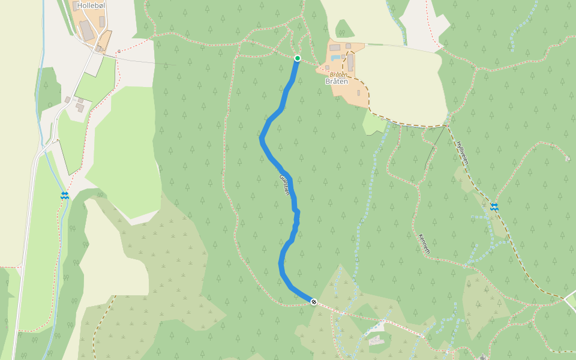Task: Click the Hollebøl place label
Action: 92,5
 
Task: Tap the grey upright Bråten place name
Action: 336,82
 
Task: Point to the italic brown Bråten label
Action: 338,75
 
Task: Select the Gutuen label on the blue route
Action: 285,184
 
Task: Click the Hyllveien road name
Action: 461,153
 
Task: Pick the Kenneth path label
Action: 424,243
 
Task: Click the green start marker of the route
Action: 297,58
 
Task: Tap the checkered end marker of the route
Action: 313,301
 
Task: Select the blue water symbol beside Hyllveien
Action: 494,207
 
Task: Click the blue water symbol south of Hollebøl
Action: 64,196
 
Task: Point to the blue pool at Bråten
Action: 336,56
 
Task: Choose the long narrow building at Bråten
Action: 350,62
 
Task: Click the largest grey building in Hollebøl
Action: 88,31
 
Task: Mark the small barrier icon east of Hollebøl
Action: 118,52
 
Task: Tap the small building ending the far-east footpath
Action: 567,158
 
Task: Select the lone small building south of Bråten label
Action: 358,93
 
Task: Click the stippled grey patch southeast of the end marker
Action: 376,341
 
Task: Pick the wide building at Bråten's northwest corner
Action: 334,47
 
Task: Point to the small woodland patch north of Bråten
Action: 344,28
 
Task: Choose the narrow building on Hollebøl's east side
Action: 103,22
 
